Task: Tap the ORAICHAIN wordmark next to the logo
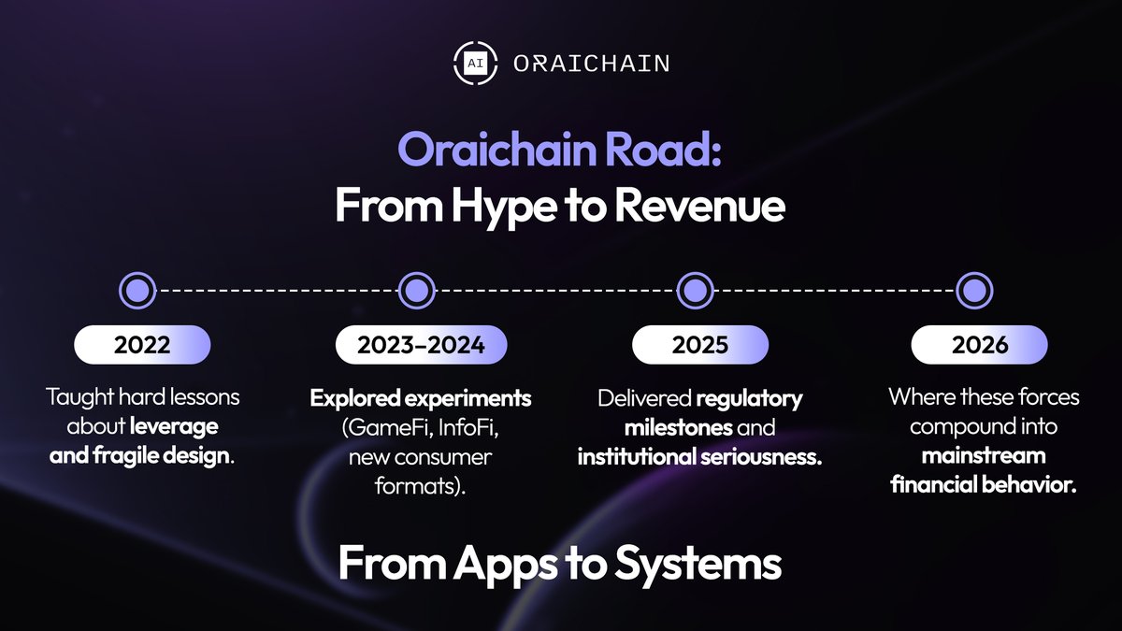(591, 64)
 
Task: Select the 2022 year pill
(142, 345)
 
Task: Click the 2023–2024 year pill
(421, 345)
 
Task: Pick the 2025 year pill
(699, 345)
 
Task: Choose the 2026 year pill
(980, 345)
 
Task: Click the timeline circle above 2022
(137, 291)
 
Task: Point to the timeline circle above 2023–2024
(416, 291)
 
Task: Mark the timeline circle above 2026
(973, 291)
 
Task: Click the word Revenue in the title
(698, 207)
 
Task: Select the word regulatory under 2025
(749, 399)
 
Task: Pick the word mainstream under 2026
(983, 457)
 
